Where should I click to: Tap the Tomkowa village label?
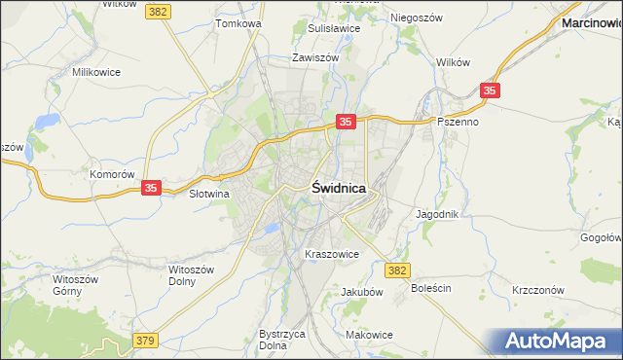pyautogui.click(x=238, y=23)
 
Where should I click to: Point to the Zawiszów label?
pyautogui.click(x=314, y=57)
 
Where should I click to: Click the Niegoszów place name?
pyautogui.click(x=417, y=18)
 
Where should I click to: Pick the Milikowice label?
pyautogui.click(x=95, y=72)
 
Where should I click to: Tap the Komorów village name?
pyautogui.click(x=111, y=174)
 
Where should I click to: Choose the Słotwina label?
pyautogui.click(x=207, y=194)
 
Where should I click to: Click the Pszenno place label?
pyautogui.click(x=458, y=123)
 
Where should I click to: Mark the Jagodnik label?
pyautogui.click(x=436, y=213)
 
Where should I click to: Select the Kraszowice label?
pyautogui.click(x=332, y=254)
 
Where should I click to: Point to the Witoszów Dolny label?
pyautogui.click(x=189, y=274)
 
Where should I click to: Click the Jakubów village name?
pyautogui.click(x=361, y=291)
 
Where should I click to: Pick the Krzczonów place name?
pyautogui.click(x=538, y=290)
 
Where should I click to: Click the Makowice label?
pyautogui.click(x=369, y=335)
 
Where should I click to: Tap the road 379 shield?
pyautogui.click(x=145, y=340)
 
